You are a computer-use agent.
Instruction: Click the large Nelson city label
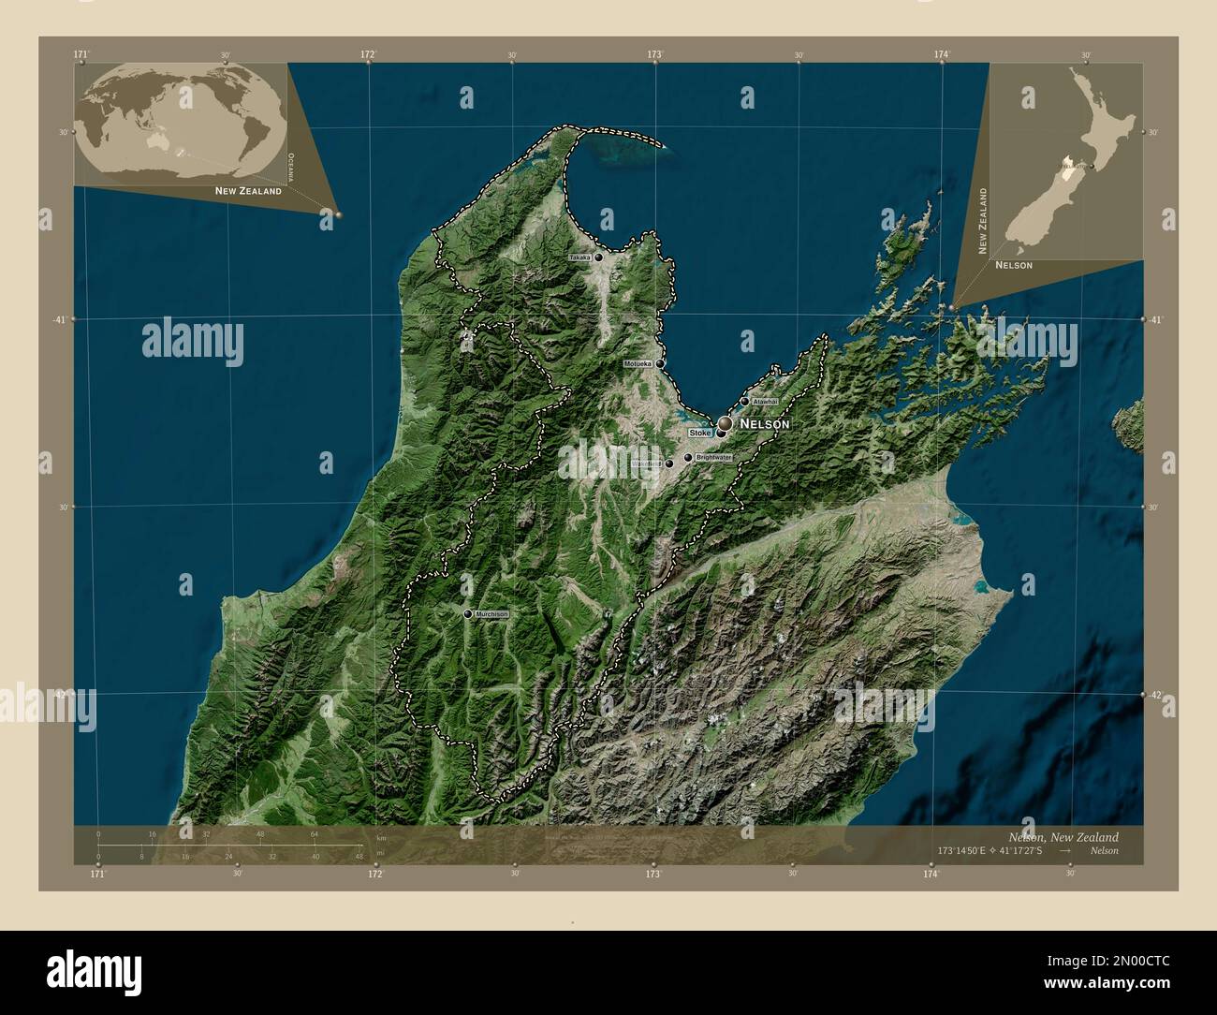[x=765, y=424]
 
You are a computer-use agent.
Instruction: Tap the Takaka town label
[x=580, y=257]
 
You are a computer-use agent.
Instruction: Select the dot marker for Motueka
[x=660, y=363]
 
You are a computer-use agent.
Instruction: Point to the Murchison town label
[x=491, y=614]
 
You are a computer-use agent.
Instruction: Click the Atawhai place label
[x=765, y=402]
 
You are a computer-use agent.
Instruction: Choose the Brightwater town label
[x=713, y=457]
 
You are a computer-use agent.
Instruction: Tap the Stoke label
[x=699, y=434]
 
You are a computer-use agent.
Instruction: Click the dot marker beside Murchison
[x=467, y=614]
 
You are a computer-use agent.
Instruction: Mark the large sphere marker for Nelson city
[x=725, y=424]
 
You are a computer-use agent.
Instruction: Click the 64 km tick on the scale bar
[x=315, y=833]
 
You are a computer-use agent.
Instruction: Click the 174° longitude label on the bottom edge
[x=930, y=874]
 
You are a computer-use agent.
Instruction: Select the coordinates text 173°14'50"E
[x=966, y=851]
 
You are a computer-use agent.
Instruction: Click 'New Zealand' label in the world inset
[x=248, y=191]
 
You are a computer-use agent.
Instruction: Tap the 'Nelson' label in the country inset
[x=1014, y=265]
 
